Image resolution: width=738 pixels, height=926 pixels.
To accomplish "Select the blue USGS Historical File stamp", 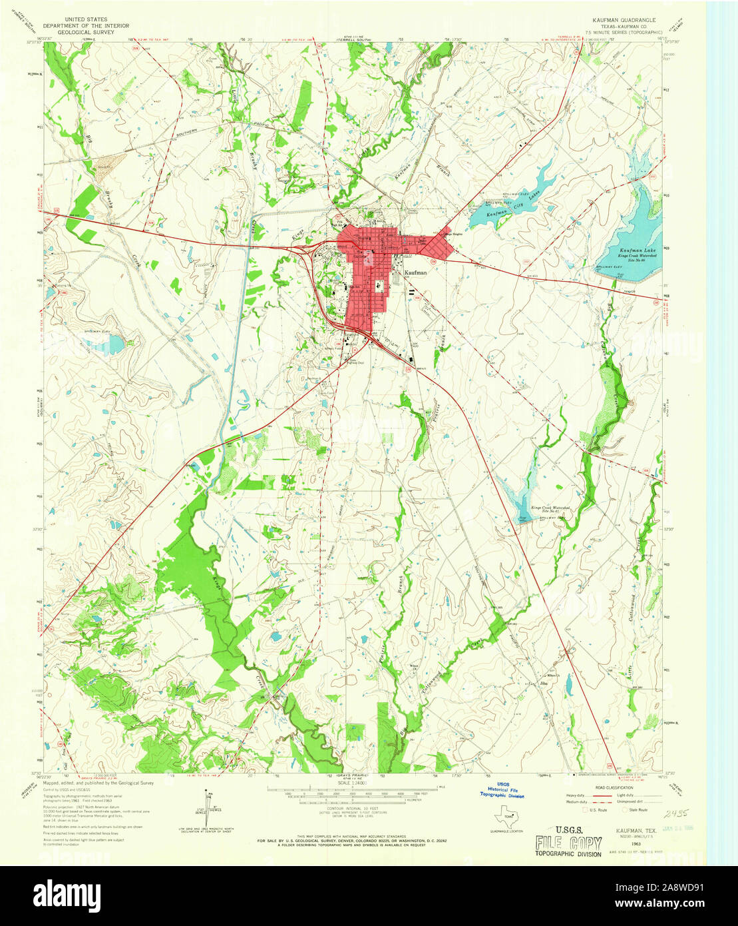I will pyautogui.click(x=502, y=791).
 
